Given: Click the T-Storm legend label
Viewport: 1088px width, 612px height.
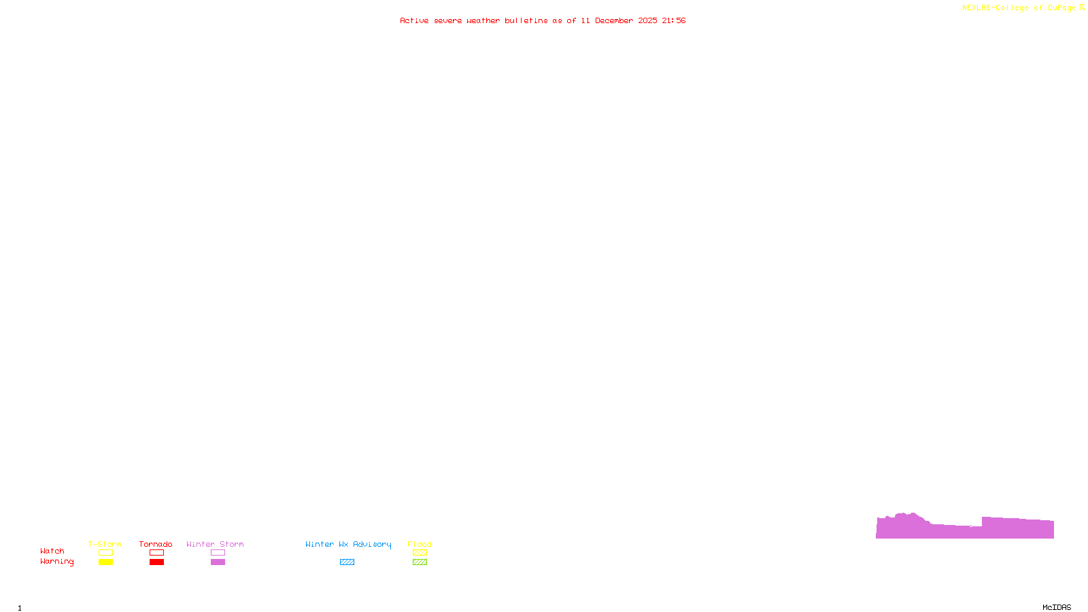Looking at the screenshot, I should [x=105, y=544].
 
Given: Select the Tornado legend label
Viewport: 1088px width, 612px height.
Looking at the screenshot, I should [x=156, y=544].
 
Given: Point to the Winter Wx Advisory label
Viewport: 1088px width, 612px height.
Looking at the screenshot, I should [x=348, y=544].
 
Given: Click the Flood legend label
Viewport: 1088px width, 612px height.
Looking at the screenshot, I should [x=420, y=544].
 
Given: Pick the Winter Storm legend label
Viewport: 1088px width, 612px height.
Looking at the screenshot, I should [x=215, y=544].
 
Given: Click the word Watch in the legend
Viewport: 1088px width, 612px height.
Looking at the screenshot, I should [x=52, y=551].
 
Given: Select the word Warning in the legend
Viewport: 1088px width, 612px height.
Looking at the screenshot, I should [x=57, y=562].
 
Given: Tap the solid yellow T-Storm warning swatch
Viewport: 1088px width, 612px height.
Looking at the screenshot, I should [x=105, y=562].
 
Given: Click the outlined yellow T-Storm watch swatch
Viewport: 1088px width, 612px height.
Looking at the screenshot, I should [x=105, y=553].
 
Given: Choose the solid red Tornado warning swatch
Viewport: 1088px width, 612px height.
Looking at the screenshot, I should [x=157, y=562].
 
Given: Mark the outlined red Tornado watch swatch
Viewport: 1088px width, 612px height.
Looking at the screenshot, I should [x=157, y=553].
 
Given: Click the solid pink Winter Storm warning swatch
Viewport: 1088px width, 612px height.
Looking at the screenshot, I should [x=218, y=562].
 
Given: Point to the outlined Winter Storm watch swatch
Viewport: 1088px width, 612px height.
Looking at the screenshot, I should [x=218, y=553].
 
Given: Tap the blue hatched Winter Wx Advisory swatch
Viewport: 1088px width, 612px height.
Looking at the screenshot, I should [x=347, y=562].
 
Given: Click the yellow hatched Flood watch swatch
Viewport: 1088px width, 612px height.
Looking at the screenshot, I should [x=420, y=553].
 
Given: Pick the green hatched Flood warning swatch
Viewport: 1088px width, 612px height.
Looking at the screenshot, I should [x=420, y=562].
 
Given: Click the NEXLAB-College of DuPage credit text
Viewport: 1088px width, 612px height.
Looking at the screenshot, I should [x=1019, y=8].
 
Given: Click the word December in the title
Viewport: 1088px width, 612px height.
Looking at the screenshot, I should [x=614, y=20].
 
